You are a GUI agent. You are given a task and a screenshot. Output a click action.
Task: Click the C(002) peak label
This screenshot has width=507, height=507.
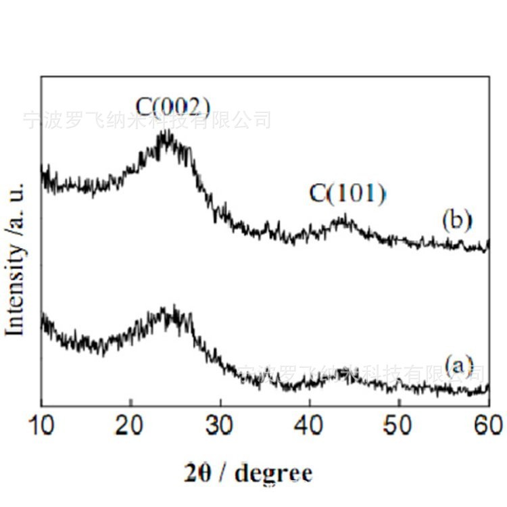(x=174, y=107)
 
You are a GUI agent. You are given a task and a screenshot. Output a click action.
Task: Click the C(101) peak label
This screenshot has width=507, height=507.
(x=347, y=195)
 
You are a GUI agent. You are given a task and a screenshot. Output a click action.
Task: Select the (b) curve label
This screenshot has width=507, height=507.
(x=456, y=221)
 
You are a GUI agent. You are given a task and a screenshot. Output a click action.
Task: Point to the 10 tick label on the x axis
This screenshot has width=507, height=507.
(x=41, y=427)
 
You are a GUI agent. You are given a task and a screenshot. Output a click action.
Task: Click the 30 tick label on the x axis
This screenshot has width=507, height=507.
(x=220, y=427)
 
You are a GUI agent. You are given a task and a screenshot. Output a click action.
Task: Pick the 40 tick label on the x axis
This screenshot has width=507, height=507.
(x=310, y=427)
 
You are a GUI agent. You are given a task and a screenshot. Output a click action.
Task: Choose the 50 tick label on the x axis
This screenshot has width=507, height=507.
(x=399, y=427)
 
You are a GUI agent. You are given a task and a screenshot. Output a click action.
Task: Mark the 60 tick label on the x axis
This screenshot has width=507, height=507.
(x=487, y=427)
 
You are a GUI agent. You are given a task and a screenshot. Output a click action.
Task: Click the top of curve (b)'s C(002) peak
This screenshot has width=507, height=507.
(x=165, y=134)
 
